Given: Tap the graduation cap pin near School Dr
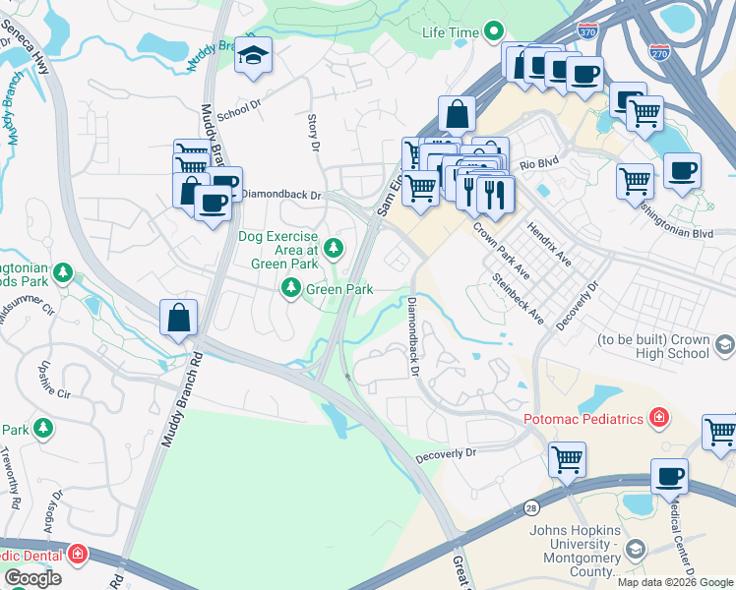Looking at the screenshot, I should click(253, 59).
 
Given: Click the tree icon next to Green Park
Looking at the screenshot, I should click(291, 288).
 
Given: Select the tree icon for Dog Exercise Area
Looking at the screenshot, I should click(335, 248).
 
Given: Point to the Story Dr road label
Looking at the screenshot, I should click(315, 132).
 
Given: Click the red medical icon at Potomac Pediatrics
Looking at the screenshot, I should click(658, 418).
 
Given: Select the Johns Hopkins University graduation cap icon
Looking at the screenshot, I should click(636, 547).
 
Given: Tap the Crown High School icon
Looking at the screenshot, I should click(725, 345).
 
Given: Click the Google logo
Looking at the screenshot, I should click(32, 577).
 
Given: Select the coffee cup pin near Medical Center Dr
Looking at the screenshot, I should click(669, 477).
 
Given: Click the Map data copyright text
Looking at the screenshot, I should click(675, 581).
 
